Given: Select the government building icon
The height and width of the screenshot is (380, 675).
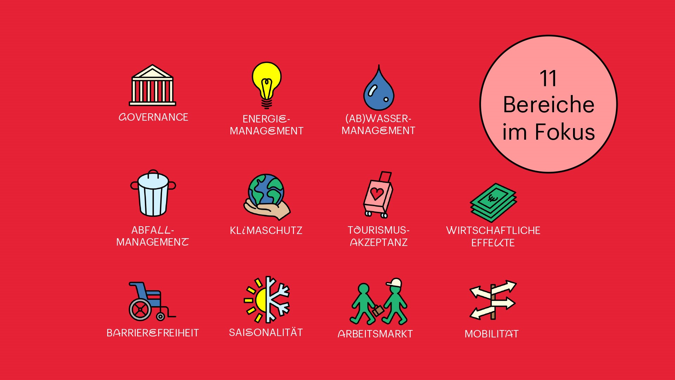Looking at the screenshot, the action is pos(152,85).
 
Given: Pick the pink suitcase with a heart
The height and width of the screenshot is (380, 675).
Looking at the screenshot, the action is pos(378,195).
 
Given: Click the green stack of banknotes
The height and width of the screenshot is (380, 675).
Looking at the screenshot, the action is pos(493,202).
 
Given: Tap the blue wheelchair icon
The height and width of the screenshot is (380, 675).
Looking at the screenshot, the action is pos(152,301).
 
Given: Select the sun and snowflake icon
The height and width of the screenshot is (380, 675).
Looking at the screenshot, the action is pos(267,299).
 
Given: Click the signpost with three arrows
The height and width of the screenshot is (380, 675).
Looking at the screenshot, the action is pos(493,300).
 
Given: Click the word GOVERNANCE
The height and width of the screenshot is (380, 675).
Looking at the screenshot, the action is pos(153,117).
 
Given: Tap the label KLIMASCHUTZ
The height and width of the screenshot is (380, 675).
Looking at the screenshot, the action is pos(266,230).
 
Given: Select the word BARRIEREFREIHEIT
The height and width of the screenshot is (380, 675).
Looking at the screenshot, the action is pos(153,333).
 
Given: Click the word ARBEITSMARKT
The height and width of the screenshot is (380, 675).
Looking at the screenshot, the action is pos(375,334).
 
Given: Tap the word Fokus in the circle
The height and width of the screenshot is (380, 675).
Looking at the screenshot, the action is pos(565,132).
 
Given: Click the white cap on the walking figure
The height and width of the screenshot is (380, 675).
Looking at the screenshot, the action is pos(394,283).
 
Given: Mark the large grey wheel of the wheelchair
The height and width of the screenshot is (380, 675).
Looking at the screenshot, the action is pos(140,310).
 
